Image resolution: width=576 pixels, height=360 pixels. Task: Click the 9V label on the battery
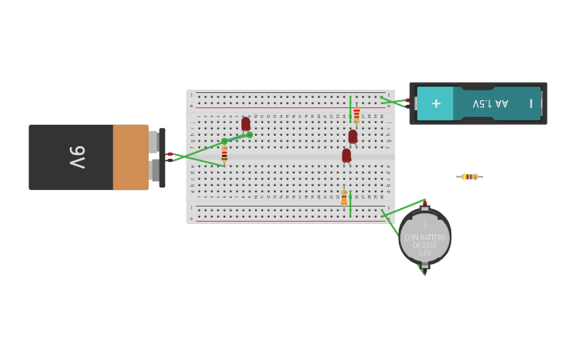(x=77, y=157)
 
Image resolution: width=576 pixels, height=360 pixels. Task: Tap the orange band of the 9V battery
(x=130, y=157)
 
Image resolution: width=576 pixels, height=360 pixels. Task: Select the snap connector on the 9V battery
(x=161, y=157)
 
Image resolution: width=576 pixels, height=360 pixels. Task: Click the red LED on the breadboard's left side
(x=245, y=124)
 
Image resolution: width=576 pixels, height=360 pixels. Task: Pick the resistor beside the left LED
(x=224, y=154)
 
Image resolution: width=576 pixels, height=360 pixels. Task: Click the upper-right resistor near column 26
(x=357, y=116)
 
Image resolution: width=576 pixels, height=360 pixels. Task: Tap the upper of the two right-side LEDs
(x=353, y=137)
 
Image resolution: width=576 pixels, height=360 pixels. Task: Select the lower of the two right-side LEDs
(x=346, y=156)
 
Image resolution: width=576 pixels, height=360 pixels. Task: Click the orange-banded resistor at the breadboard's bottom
(x=344, y=198)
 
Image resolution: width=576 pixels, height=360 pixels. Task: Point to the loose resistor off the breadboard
(x=470, y=176)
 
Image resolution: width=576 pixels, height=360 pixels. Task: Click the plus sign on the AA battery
(x=435, y=103)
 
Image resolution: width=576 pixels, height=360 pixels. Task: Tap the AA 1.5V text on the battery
(x=490, y=103)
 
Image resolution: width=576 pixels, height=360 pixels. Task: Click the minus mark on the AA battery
(x=531, y=103)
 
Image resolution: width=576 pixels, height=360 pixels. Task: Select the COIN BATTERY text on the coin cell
(x=425, y=238)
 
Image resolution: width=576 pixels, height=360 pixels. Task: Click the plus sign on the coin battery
(x=424, y=226)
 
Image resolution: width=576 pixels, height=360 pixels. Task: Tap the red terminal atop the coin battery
(x=424, y=204)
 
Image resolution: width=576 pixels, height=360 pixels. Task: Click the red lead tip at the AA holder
(x=408, y=101)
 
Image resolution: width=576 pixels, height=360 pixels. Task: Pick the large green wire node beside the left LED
(x=249, y=135)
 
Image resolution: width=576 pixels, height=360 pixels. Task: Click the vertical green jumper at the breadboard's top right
(x=350, y=108)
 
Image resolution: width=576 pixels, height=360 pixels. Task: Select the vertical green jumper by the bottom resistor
(x=350, y=203)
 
